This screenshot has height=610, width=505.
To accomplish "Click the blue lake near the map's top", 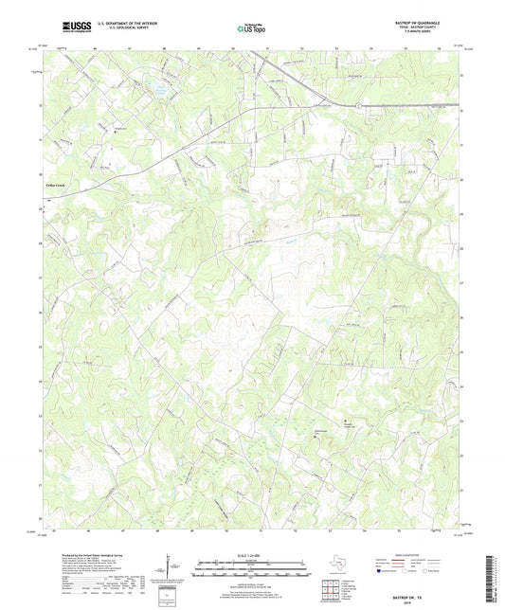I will point(152,92).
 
